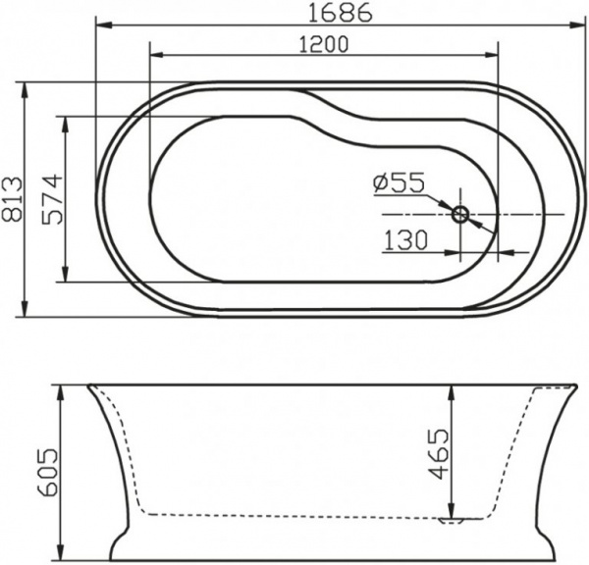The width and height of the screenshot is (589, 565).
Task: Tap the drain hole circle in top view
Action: coord(460,213)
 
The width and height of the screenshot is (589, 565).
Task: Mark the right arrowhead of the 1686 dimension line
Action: coord(542,20)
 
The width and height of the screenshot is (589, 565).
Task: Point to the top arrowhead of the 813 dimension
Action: coord(26,88)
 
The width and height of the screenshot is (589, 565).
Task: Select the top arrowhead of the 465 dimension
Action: coord(452,389)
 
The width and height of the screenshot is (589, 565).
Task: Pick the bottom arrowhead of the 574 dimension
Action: coord(66,278)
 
